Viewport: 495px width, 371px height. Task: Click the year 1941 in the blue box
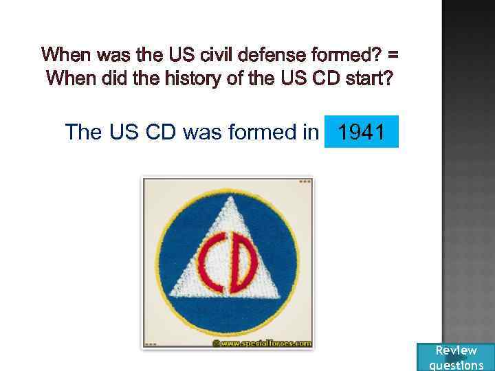tap(362, 131)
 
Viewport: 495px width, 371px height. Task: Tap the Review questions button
tap(456, 357)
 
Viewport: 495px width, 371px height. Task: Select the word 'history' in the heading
tap(181, 79)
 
